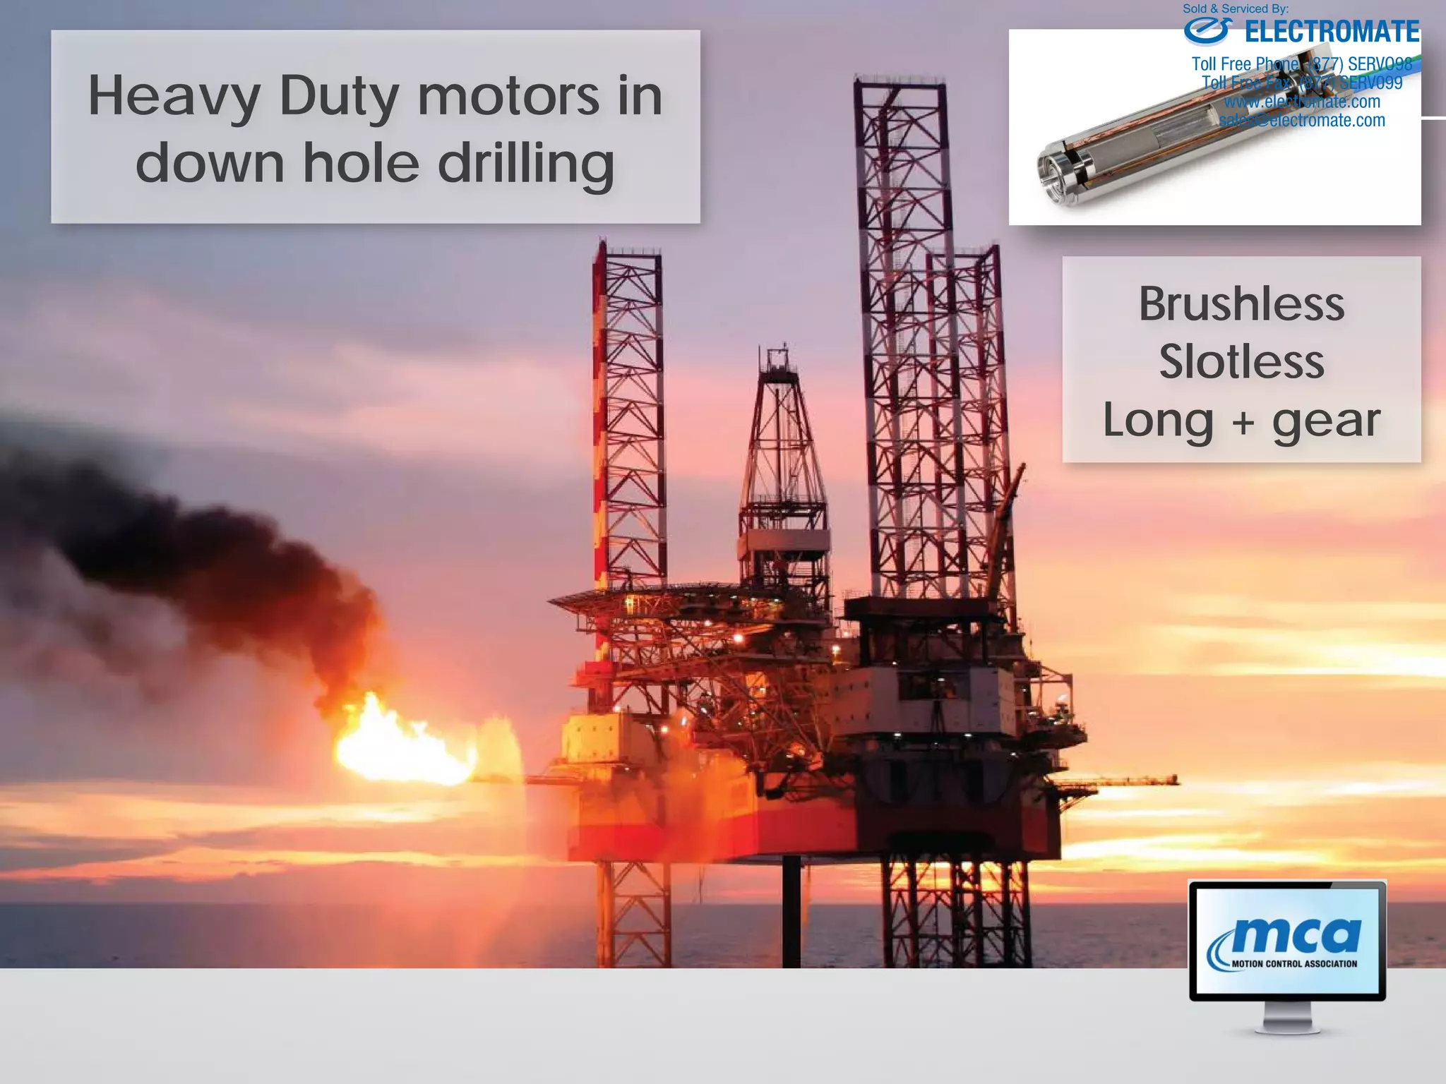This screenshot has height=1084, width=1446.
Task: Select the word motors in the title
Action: tap(508, 96)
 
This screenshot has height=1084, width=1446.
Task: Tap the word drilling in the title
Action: tap(525, 164)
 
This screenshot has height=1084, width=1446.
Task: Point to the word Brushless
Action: tap(1241, 305)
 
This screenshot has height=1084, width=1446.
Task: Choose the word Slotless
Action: tap(1241, 362)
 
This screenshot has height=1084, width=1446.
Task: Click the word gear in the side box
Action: tap(1325, 421)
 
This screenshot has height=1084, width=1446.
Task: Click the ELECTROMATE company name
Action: tap(1332, 32)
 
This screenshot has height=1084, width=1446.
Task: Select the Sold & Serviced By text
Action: tap(1236, 9)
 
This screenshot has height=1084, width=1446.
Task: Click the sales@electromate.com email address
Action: tap(1302, 121)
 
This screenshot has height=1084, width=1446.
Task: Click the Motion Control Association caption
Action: tap(1293, 964)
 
